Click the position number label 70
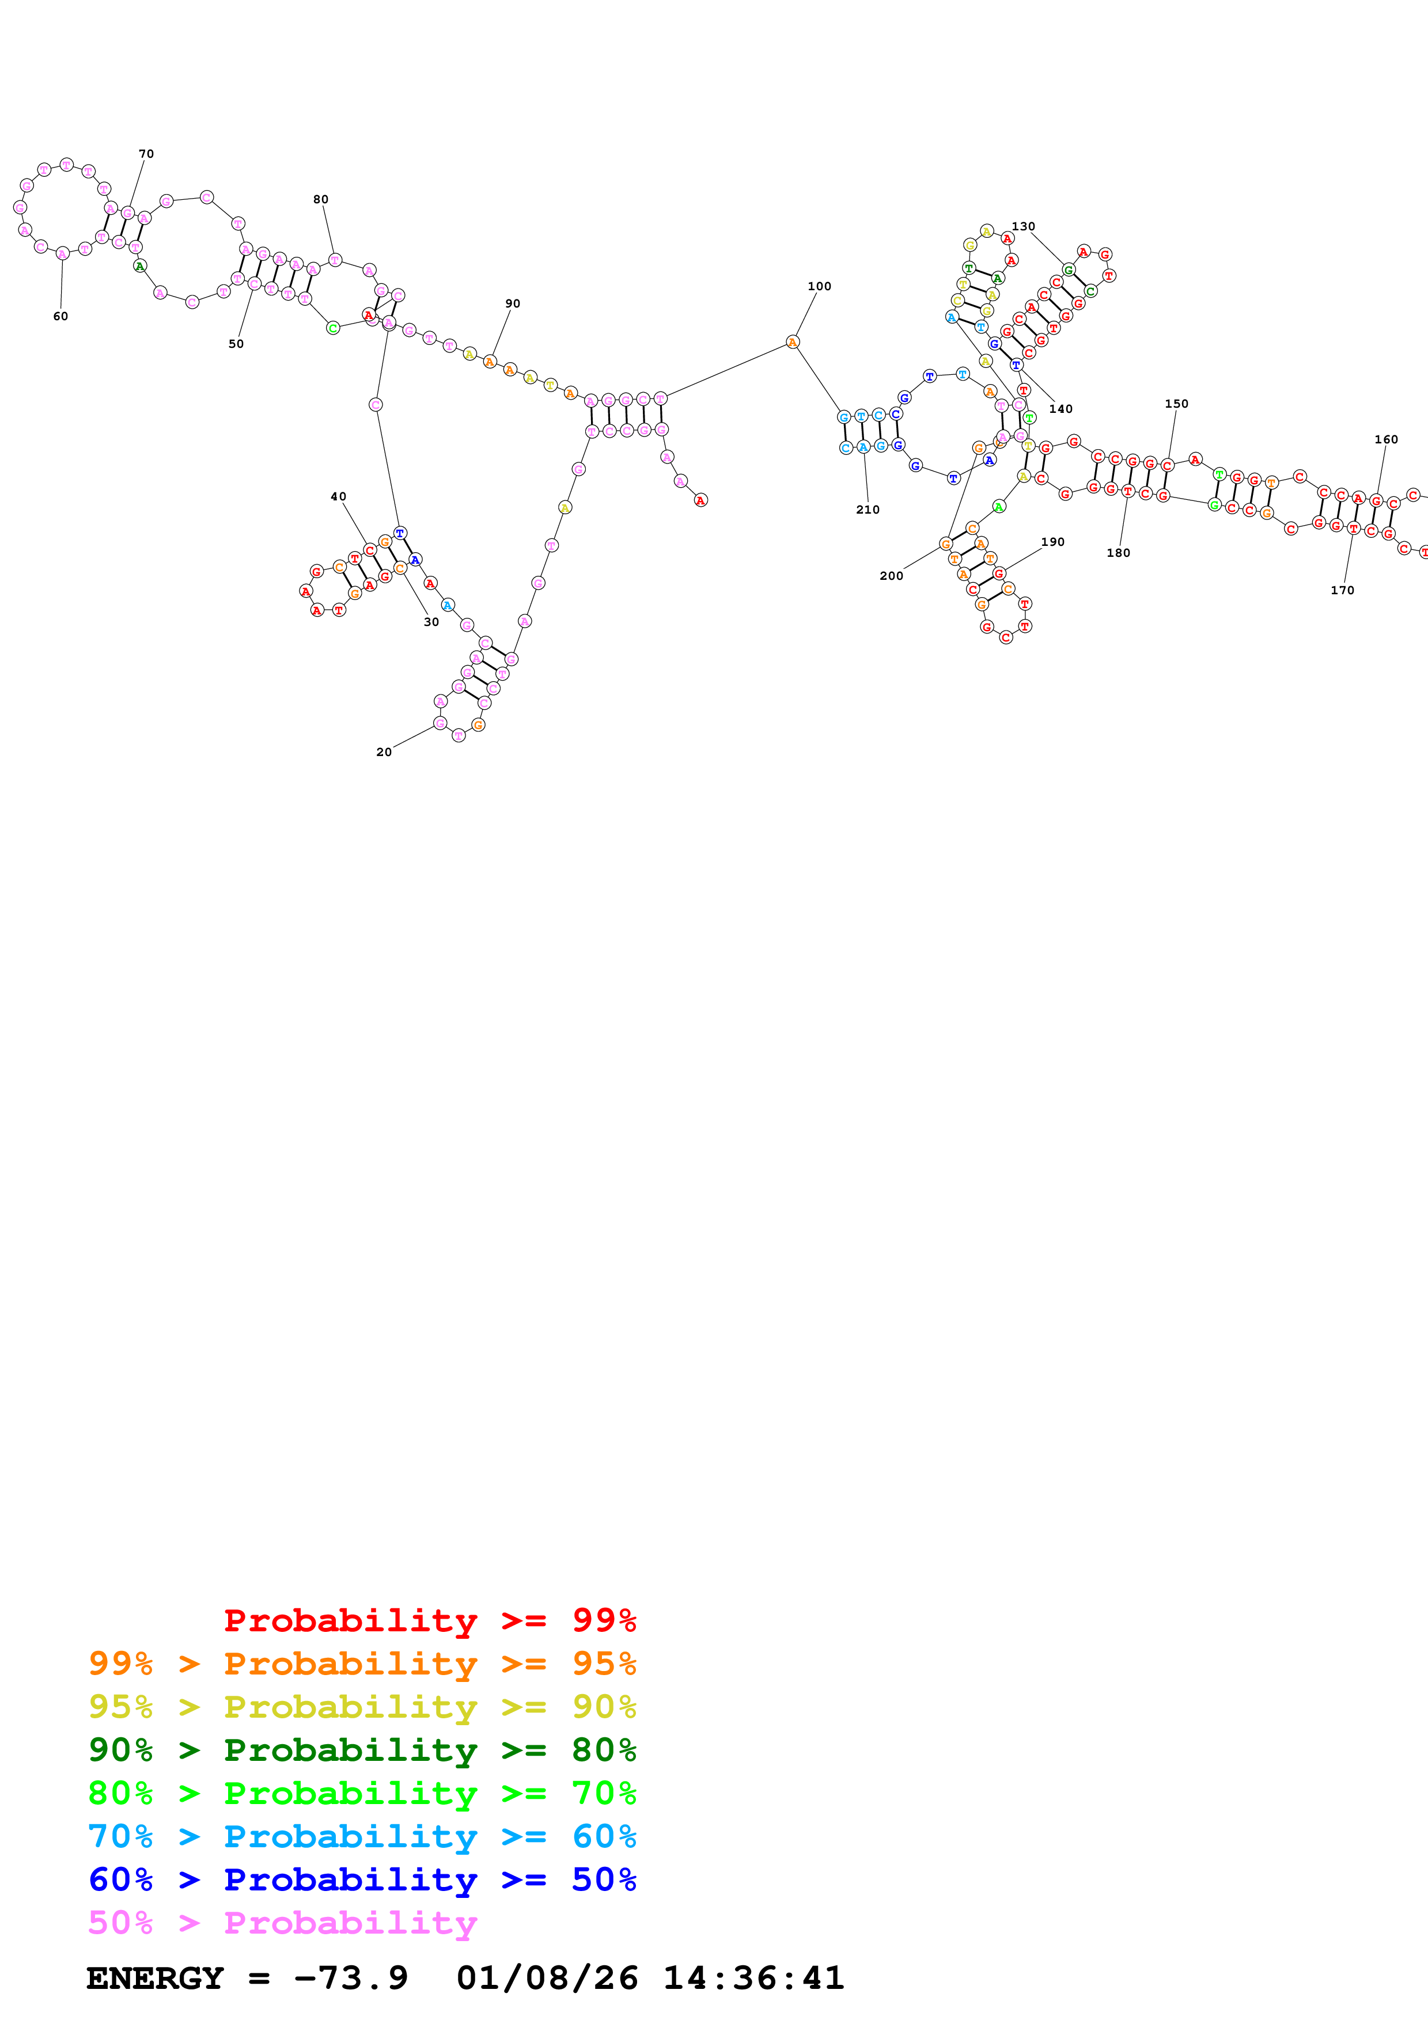click(146, 154)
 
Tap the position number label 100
click(819, 286)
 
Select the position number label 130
click(1023, 226)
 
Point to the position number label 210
click(868, 510)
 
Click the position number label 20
click(384, 752)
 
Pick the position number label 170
click(1342, 590)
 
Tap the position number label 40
click(338, 496)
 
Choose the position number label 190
click(1052, 542)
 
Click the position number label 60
click(60, 317)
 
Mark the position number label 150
click(1176, 404)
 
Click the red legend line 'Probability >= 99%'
click(429, 1620)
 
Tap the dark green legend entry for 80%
click(362, 1750)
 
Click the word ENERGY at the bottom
click(155, 1978)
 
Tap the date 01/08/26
click(547, 1978)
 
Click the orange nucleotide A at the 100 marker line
click(793, 342)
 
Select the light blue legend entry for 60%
click(362, 1836)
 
